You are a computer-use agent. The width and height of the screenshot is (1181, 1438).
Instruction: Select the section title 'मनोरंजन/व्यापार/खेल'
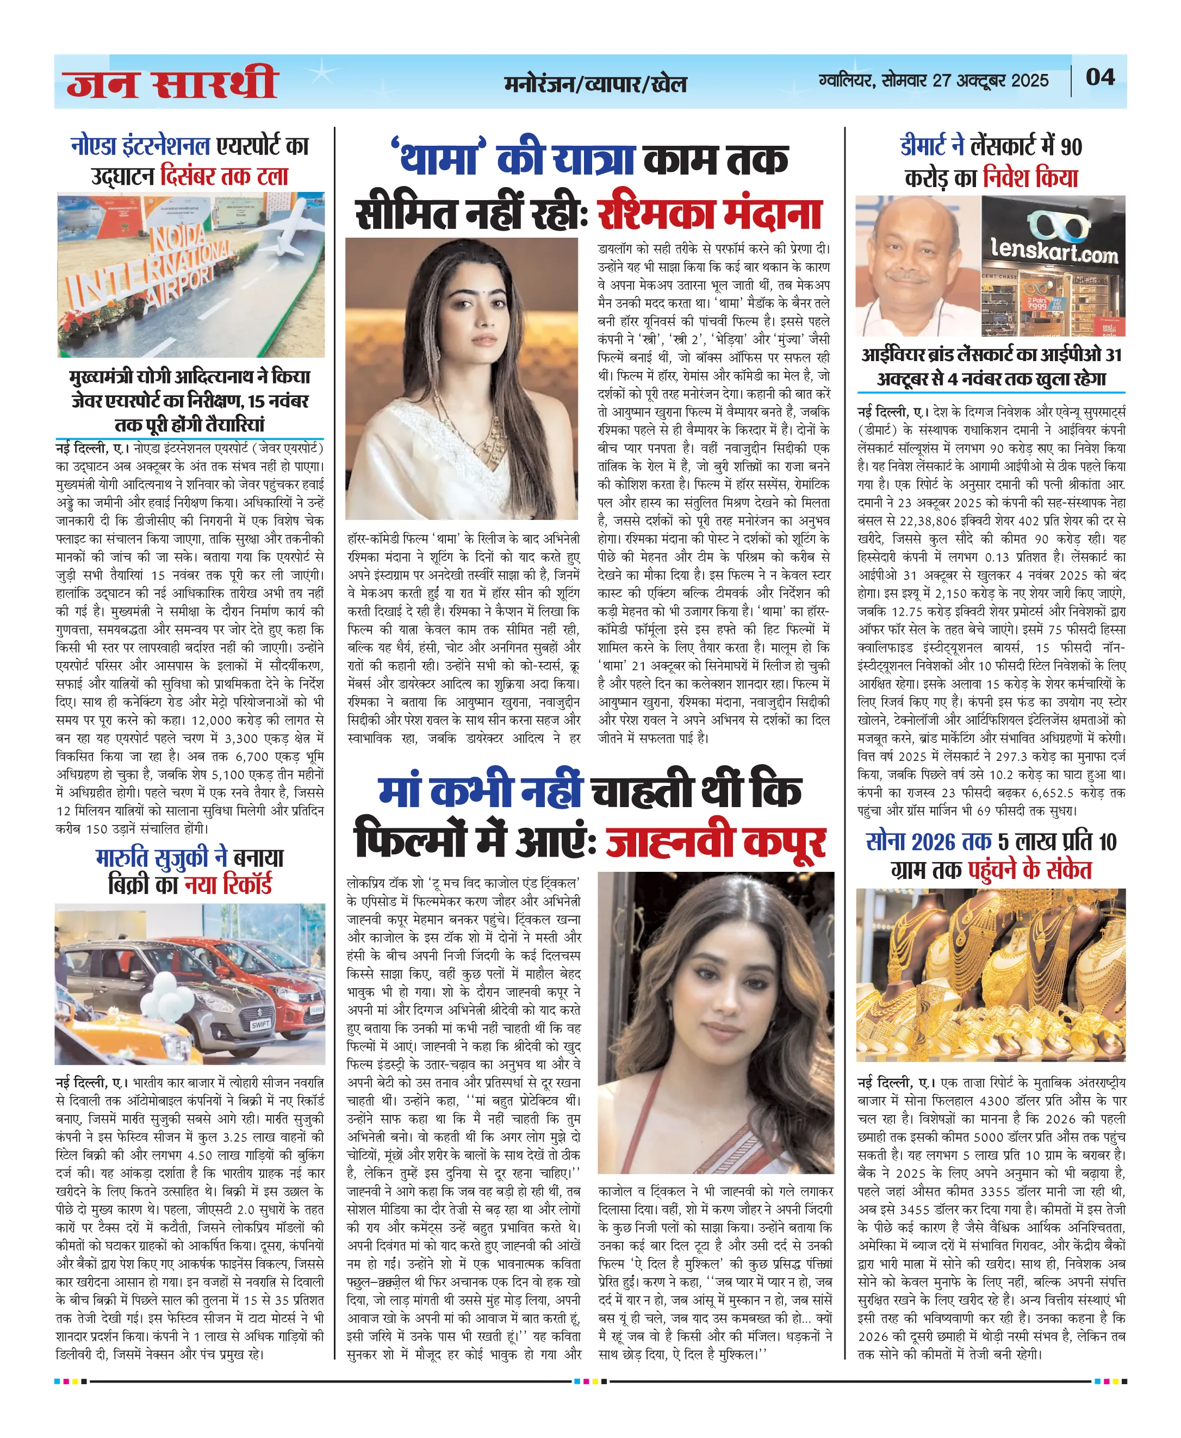click(595, 84)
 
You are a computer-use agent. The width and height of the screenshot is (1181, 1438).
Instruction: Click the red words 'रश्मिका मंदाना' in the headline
click(709, 214)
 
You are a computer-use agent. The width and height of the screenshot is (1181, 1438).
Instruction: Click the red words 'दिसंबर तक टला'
click(225, 176)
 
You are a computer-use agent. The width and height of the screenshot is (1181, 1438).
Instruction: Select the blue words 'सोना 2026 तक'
click(928, 842)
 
